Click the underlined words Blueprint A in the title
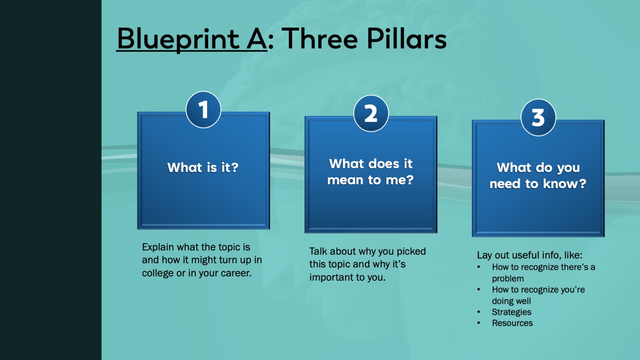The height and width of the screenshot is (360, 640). pyautogui.click(x=192, y=39)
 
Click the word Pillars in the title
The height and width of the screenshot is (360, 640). pyautogui.click(x=407, y=39)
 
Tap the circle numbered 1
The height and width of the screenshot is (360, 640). pyautogui.click(x=204, y=110)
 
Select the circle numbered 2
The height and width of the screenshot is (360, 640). pyautogui.click(x=371, y=113)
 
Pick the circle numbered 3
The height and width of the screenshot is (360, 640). pyautogui.click(x=538, y=117)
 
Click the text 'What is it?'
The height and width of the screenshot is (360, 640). pyautogui.click(x=203, y=167)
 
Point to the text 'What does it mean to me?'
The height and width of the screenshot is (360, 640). pyautogui.click(x=370, y=172)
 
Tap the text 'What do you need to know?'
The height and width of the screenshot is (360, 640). pyautogui.click(x=538, y=176)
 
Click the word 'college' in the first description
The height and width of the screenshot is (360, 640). pyautogui.click(x=157, y=273)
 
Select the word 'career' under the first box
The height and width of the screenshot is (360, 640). pyautogui.click(x=236, y=273)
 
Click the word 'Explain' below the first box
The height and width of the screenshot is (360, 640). pyautogui.click(x=158, y=247)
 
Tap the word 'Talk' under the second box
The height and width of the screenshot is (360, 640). pyautogui.click(x=318, y=251)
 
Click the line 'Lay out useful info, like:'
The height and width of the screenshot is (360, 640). pyautogui.click(x=529, y=255)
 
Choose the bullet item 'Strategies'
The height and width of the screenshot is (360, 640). pyautogui.click(x=512, y=312)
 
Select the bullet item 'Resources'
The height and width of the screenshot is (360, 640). pyautogui.click(x=512, y=323)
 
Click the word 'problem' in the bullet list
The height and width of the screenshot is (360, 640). pyautogui.click(x=508, y=279)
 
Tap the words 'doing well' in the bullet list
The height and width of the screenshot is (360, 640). pyautogui.click(x=511, y=301)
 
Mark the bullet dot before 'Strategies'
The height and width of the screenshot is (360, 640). pyautogui.click(x=479, y=312)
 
